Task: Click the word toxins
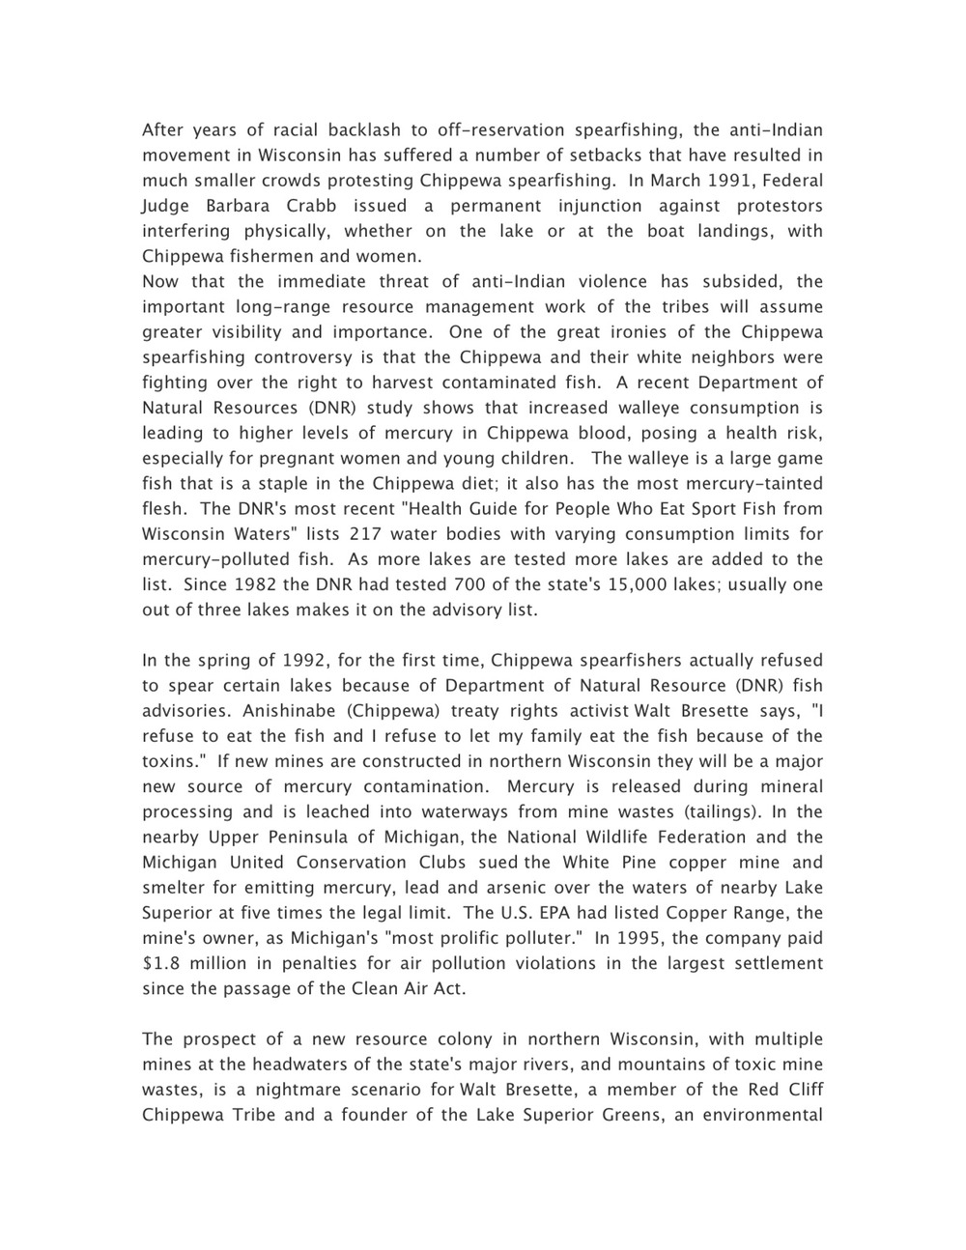[173, 760]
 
